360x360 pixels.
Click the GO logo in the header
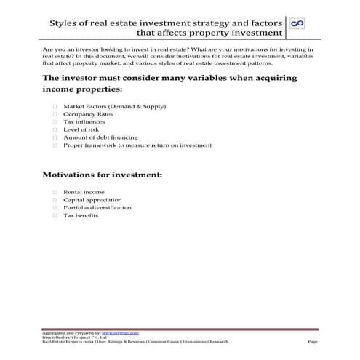pos(297,24)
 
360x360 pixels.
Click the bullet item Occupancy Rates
pos(87,114)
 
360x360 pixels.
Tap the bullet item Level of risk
pos(81,129)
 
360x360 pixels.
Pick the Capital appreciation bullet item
pos(92,199)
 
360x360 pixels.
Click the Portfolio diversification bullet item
pos(97,207)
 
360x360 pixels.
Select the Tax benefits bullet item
pos(80,215)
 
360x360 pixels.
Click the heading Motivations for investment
pos(102,175)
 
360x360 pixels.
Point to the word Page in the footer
pos(313,341)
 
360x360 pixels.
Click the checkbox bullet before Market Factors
pos(55,107)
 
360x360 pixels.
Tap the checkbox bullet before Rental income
pos(55,191)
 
